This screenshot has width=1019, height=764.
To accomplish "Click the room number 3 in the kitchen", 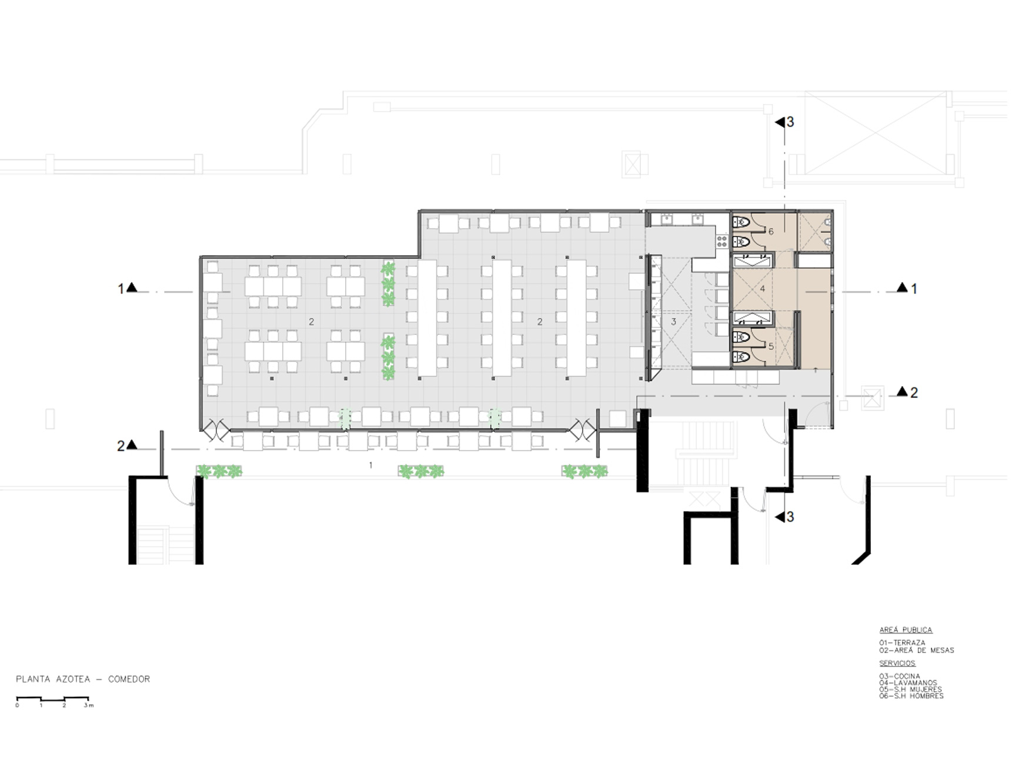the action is pos(674,322).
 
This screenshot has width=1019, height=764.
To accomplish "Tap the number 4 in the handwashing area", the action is pos(763,289).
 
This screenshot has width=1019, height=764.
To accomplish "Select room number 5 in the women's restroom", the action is pos(771,347).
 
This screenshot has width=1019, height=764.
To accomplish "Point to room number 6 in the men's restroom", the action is pos(771,232).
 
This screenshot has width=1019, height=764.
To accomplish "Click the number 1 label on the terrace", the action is pos(370,465).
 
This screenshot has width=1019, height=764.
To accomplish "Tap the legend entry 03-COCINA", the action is pos(900,676).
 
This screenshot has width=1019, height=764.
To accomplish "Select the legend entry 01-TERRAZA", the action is pos(902,643).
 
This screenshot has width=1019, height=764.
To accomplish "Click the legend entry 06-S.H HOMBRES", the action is pos(911,696).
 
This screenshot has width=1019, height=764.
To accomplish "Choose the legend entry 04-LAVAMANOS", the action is pos(908,683).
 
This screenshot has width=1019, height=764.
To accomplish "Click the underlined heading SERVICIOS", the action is pos(897,664).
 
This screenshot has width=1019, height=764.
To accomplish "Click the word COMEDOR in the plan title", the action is pos(129,679).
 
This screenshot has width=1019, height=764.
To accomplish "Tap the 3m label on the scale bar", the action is pos(89,705).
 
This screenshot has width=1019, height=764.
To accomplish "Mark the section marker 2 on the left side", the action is pos(127,446).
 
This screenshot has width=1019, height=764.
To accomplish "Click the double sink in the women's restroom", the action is pos(752,319).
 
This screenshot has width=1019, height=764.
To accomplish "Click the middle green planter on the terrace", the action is pos(421,471).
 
